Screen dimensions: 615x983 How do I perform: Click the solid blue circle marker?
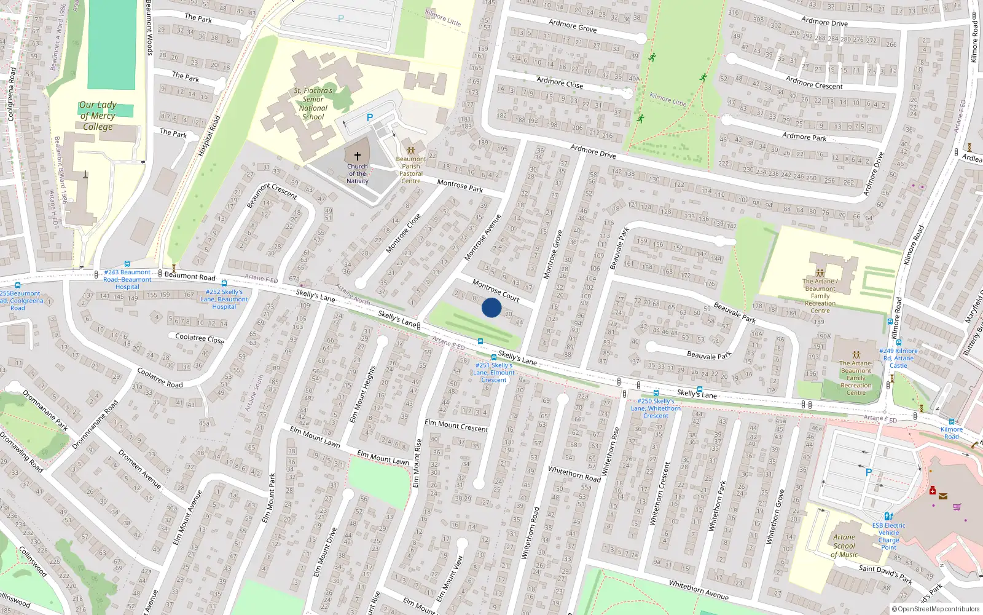[x=491, y=307]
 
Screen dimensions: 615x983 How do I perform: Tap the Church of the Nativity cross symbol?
[x=358, y=156]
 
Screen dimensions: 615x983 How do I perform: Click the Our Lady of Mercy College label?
[x=98, y=116]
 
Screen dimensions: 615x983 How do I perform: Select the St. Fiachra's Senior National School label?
[x=313, y=103]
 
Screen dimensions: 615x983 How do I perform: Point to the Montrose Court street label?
[x=496, y=290]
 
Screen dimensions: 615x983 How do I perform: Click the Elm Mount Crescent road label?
[x=456, y=426]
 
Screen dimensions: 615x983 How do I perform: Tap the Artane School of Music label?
[x=844, y=546]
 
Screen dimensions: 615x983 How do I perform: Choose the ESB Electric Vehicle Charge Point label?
[x=888, y=536]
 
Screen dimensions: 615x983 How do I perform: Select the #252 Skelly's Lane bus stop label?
[x=224, y=299]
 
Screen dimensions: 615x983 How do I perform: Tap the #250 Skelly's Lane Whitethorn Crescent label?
[x=656, y=408]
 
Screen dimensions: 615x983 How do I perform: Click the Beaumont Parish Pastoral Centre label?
[x=411, y=170]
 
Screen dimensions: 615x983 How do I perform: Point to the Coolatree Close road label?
[x=200, y=338]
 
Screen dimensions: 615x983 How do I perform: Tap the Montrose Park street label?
[x=460, y=185]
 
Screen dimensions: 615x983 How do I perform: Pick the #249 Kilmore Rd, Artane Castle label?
[x=898, y=358]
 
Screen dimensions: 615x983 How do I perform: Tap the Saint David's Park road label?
[x=885, y=574]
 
